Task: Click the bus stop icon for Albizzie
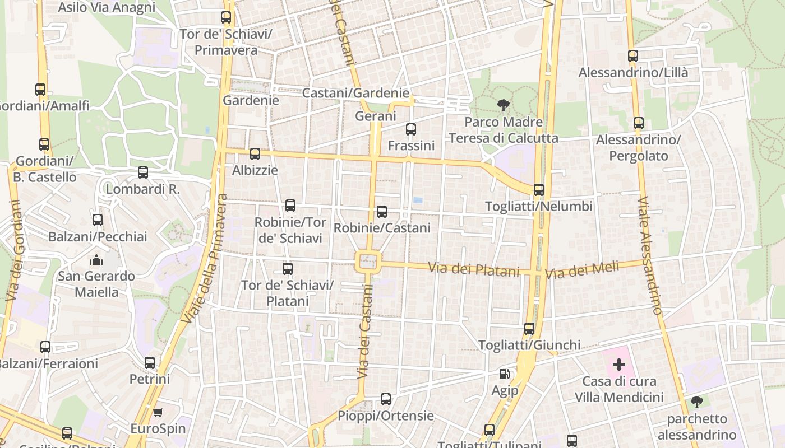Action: click(x=255, y=153)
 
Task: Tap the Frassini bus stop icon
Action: click(x=411, y=129)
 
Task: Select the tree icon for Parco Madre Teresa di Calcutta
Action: click(x=504, y=105)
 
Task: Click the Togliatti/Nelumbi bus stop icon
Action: click(x=539, y=190)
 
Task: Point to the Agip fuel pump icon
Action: click(x=505, y=374)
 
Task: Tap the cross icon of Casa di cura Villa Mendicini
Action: click(x=619, y=365)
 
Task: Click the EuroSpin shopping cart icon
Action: click(x=158, y=413)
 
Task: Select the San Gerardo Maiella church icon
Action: click(x=96, y=260)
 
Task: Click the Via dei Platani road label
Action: click(x=474, y=269)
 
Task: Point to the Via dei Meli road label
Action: click(x=582, y=270)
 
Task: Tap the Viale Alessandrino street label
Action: click(x=650, y=255)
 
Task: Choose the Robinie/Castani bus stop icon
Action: click(x=382, y=211)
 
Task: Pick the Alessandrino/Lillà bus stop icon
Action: click(x=633, y=56)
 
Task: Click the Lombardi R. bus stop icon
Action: click(x=143, y=172)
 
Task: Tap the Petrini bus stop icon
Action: click(x=150, y=363)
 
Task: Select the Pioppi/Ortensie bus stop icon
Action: click(x=386, y=399)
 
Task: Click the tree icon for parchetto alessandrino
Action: click(x=697, y=402)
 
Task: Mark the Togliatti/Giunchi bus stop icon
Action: click(x=529, y=329)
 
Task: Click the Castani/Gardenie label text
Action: click(x=355, y=93)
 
